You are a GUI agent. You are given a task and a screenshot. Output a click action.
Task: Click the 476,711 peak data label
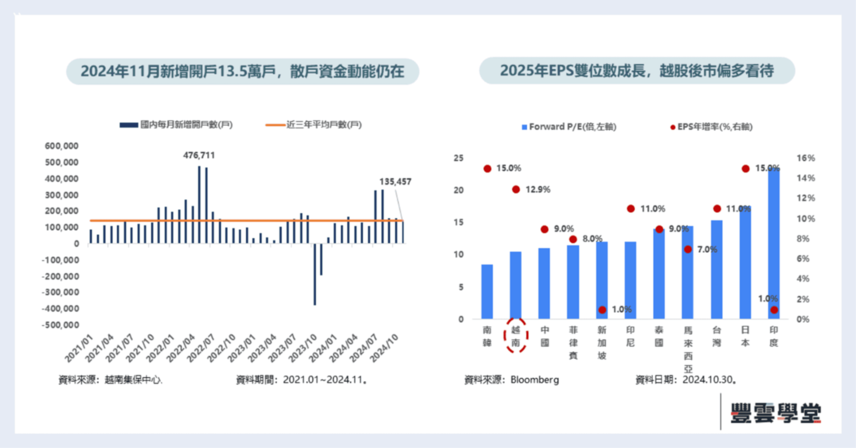click(x=199, y=155)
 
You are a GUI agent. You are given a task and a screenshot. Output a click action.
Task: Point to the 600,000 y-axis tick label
click(x=61, y=146)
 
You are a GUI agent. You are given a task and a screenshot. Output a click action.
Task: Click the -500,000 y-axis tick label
click(x=60, y=325)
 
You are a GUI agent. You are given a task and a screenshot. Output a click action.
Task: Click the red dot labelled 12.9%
click(x=516, y=189)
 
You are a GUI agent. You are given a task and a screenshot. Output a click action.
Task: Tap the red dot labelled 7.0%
click(x=688, y=249)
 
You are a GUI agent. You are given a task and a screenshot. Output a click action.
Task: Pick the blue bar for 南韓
click(x=487, y=292)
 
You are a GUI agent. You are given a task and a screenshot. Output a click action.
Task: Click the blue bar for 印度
click(x=774, y=243)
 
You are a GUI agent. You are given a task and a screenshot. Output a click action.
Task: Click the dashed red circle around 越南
click(x=516, y=336)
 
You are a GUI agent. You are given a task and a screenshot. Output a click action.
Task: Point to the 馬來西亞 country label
click(x=688, y=349)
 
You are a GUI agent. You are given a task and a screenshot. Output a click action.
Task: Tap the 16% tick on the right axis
click(x=806, y=158)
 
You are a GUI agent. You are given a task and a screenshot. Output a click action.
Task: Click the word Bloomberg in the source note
click(x=535, y=380)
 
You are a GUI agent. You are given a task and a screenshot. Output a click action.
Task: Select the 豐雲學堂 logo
click(x=775, y=413)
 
